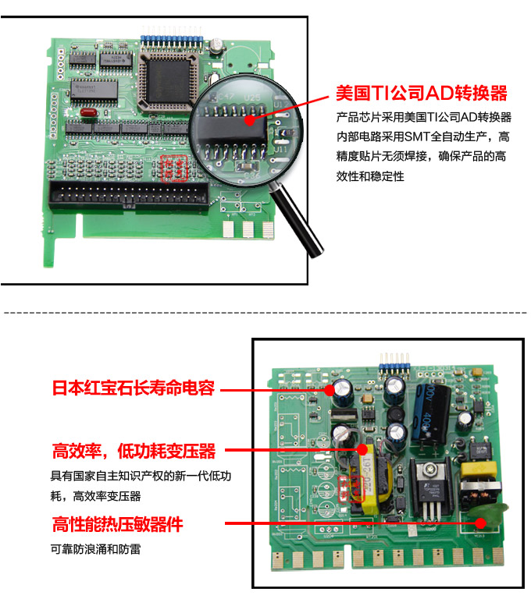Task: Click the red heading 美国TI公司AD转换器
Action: [421, 94]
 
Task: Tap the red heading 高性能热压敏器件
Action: [118, 523]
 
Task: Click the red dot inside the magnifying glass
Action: [249, 120]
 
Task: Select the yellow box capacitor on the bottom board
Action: [474, 472]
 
